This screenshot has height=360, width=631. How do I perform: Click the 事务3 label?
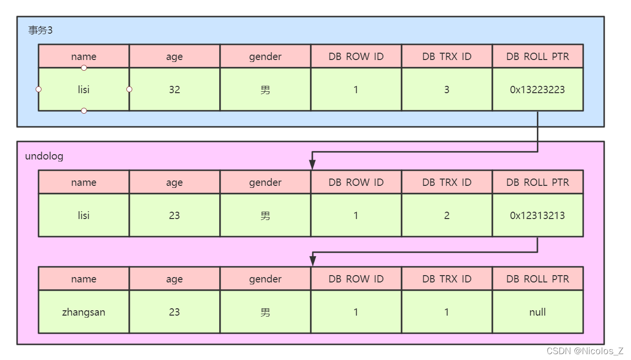click(x=40, y=30)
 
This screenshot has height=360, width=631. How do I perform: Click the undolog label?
click(x=44, y=156)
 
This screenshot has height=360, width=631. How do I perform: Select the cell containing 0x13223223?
click(x=537, y=90)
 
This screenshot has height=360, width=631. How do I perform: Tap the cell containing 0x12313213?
click(x=537, y=216)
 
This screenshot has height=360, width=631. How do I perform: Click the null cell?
click(x=537, y=312)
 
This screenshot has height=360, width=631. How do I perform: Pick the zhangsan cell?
click(x=83, y=312)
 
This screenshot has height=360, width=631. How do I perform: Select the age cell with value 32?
click(x=174, y=90)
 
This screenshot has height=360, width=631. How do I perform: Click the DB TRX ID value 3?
click(x=447, y=90)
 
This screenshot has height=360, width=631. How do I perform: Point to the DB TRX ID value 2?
click(x=447, y=216)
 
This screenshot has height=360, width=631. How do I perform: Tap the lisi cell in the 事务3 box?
click(x=83, y=90)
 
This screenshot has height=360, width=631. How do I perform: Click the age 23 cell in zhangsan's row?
click(x=174, y=312)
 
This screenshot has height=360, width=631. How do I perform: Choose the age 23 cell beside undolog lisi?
click(x=174, y=216)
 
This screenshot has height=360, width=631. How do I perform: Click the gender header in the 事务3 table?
click(x=265, y=57)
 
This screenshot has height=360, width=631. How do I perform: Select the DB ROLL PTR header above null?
click(x=537, y=279)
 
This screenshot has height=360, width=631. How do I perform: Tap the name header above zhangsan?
click(x=83, y=279)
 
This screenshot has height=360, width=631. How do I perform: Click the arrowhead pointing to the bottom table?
click(x=313, y=261)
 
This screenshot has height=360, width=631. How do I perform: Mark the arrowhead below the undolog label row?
click(x=313, y=165)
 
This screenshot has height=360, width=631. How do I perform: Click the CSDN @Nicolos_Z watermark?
click(x=585, y=351)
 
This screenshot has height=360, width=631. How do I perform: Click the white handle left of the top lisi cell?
click(x=39, y=89)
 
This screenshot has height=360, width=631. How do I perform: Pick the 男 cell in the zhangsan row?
click(x=265, y=312)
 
